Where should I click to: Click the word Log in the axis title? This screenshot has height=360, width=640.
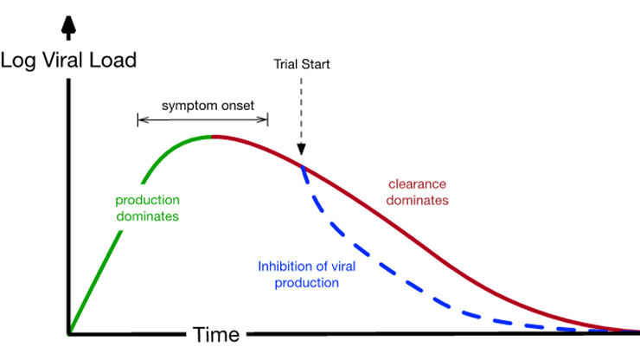point(18,61)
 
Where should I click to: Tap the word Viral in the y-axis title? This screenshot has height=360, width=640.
point(63,60)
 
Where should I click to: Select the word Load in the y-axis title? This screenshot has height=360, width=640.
point(112,60)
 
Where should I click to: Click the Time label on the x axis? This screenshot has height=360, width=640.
point(216,335)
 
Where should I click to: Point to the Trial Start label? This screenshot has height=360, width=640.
point(302,64)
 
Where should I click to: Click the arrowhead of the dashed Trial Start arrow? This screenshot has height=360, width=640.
point(301,149)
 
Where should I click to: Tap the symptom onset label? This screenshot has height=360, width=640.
point(208,106)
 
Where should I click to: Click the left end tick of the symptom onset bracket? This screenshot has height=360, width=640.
point(138,119)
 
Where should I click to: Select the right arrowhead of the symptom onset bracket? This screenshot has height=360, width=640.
point(263,119)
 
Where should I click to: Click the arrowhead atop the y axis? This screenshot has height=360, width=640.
point(68,25)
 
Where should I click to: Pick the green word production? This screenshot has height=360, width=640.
point(147,200)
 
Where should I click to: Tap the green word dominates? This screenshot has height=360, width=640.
point(147,215)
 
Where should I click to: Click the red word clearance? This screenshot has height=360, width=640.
point(417,184)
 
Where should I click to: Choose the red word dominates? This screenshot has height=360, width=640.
point(417,200)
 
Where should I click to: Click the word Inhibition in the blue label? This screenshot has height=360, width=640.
point(284,267)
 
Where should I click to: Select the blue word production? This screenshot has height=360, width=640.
point(306,283)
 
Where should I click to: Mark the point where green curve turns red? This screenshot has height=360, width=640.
point(211,137)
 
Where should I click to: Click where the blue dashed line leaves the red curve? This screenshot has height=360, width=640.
point(302,166)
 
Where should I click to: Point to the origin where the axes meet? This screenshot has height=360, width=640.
point(68,334)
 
